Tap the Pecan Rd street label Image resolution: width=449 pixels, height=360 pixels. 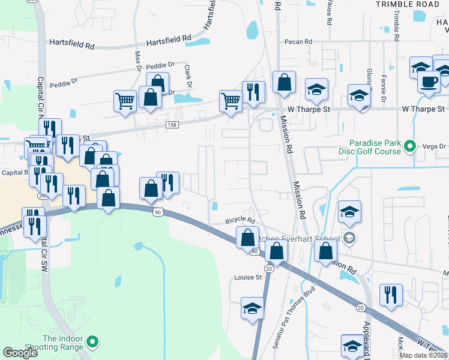tap(300, 41)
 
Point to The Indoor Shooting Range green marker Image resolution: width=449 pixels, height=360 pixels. tap(92, 343)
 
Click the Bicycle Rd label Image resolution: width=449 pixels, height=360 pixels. tap(240, 221)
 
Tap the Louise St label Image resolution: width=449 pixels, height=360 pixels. tap(249, 277)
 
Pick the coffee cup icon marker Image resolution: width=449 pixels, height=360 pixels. tap(429, 82)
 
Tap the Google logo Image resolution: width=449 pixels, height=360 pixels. tap(20, 353)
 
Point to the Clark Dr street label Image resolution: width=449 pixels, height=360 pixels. tap(187, 76)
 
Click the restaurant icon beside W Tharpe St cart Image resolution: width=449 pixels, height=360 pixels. tap(253, 92)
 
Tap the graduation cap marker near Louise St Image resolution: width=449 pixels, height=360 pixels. tap(253, 308)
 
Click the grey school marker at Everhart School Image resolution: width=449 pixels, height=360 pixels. tap(350, 239)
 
